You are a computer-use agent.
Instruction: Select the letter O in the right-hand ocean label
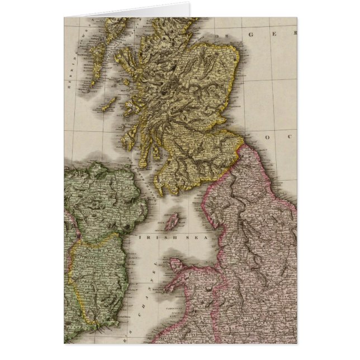point(268,136)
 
